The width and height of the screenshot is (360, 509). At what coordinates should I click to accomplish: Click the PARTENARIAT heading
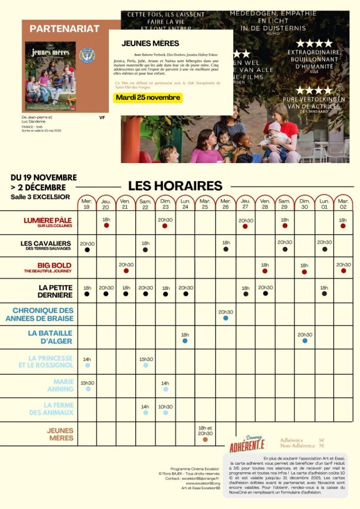[x=65, y=29]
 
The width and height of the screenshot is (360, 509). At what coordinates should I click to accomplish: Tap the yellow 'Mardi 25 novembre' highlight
[x=148, y=97]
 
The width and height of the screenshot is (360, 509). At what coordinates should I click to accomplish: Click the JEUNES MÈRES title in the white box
[x=143, y=44]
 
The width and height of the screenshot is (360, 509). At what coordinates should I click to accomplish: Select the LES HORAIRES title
[x=175, y=186]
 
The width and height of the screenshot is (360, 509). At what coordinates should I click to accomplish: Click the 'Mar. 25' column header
[x=205, y=203]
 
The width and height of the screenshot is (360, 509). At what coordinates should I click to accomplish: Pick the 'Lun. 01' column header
[x=324, y=203]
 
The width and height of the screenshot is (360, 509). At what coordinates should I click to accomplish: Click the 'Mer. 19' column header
[x=87, y=203]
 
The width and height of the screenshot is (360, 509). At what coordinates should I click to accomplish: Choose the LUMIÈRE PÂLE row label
[x=48, y=222]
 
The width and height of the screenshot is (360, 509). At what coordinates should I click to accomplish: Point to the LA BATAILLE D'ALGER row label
[x=50, y=337]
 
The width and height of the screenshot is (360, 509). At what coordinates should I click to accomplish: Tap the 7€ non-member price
[x=321, y=446]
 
